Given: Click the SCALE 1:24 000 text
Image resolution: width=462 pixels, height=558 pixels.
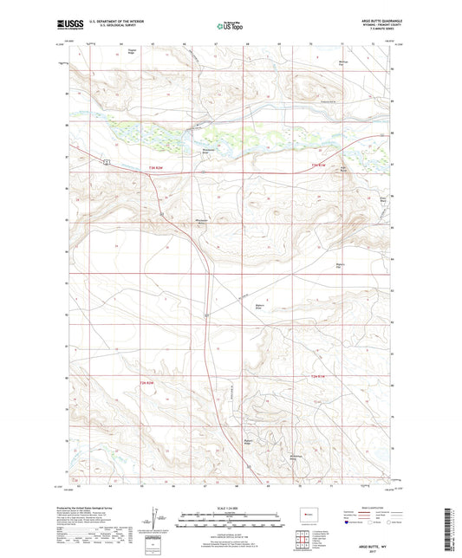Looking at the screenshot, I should click(231, 507).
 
